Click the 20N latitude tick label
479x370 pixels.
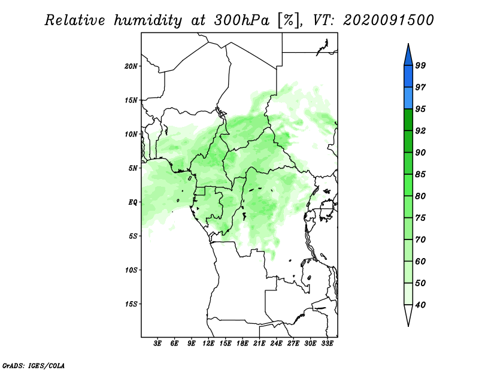coord(131,66)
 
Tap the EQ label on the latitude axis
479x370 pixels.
coord(132,202)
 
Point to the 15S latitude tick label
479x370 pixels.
coord(131,304)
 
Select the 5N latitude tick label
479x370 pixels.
coord(133,168)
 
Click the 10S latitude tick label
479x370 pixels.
coord(131,270)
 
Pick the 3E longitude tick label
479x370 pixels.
coord(157,344)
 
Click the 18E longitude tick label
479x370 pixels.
coord(242,344)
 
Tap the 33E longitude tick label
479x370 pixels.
coord(327,344)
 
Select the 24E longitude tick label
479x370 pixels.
coord(276,344)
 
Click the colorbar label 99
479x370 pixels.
coord(420,65)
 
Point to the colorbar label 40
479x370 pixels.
coord(420,305)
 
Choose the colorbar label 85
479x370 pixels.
coord(420,174)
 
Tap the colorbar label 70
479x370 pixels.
coord(420,239)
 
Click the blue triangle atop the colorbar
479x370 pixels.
coord(408,56)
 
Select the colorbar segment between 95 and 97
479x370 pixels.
coord(408,98)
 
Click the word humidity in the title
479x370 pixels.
coord(148,21)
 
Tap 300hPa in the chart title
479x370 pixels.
coord(242,20)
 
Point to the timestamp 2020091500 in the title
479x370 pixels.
coord(388,20)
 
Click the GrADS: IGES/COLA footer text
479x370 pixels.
coord(34,365)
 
